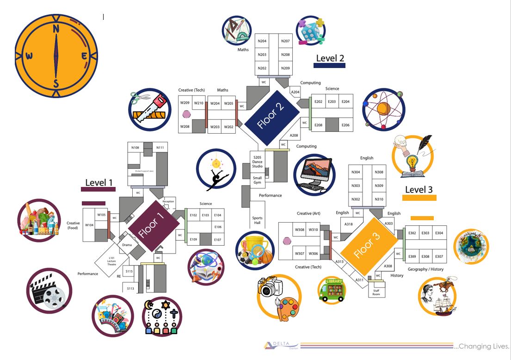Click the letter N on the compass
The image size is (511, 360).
point(56,29)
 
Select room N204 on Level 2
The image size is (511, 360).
point(262,41)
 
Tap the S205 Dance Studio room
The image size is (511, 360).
point(257,160)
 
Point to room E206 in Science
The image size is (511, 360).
point(345,125)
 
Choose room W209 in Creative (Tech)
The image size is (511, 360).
point(185,103)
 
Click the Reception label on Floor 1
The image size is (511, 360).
point(168,202)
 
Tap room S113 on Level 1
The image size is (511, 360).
point(130,288)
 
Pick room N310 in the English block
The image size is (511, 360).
point(379,199)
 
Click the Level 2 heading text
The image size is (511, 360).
point(330,58)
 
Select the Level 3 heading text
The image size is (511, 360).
point(419,189)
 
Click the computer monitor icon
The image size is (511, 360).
point(314,173)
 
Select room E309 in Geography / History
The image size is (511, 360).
point(412,256)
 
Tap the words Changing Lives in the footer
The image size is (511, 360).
point(482,346)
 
